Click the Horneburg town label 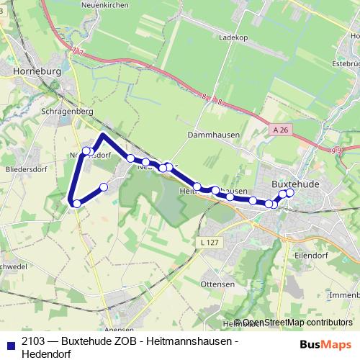pos(37,72)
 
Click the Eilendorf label pos(309,254)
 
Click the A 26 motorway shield pos(284,130)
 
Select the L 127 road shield pos(210,243)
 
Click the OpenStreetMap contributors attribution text pos(297,323)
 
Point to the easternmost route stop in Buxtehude pos(290,192)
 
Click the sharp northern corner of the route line pos(103,135)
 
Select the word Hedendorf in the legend pos(48,353)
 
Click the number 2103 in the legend pos(34,341)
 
